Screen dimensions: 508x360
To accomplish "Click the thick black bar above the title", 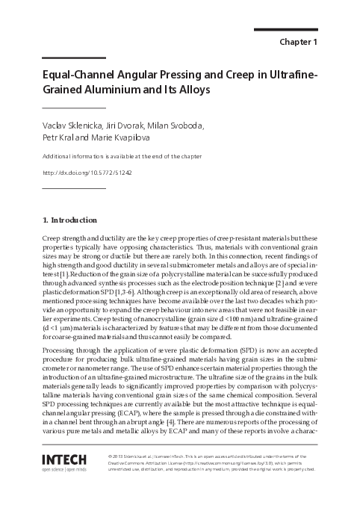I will click(69, 58).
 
